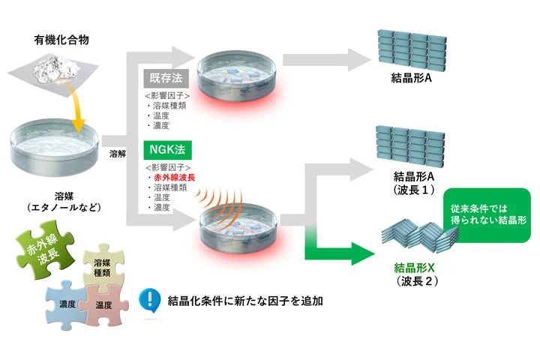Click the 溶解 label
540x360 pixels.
[x=117, y=152]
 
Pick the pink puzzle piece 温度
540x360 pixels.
[x=103, y=306]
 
